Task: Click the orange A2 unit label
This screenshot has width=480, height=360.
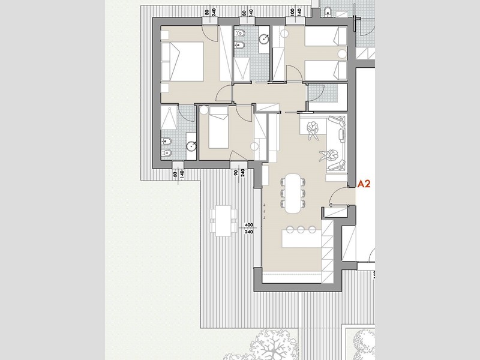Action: click(364, 185)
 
